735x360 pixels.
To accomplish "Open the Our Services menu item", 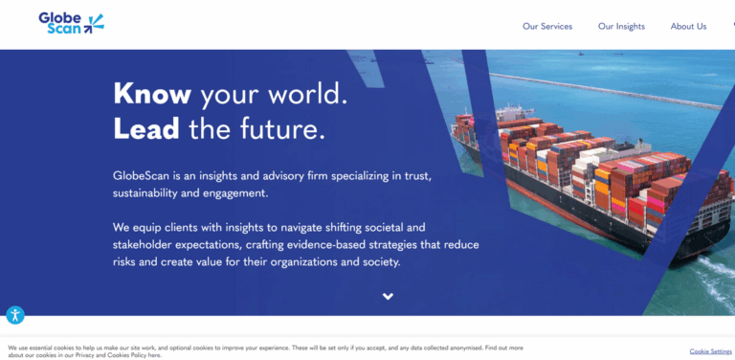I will click(547, 27).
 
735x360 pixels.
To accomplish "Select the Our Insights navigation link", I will click(621, 27).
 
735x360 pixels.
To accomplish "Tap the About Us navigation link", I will click(688, 27).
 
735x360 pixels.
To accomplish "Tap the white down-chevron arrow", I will click(388, 296).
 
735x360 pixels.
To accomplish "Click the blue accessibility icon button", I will click(15, 315).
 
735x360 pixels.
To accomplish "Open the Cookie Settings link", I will click(710, 351).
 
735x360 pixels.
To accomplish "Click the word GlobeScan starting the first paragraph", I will click(142, 176).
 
